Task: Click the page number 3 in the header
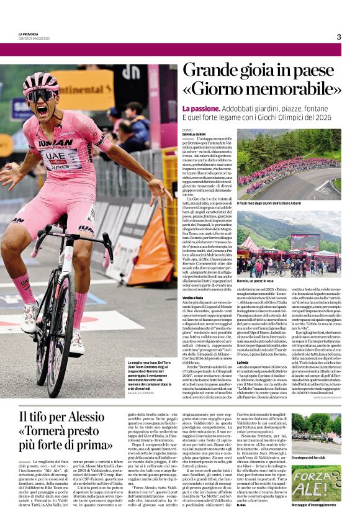(338, 37)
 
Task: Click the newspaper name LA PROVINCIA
(29, 34)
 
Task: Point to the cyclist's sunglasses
(41, 96)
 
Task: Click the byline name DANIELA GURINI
(194, 134)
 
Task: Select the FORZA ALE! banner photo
(316, 483)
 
